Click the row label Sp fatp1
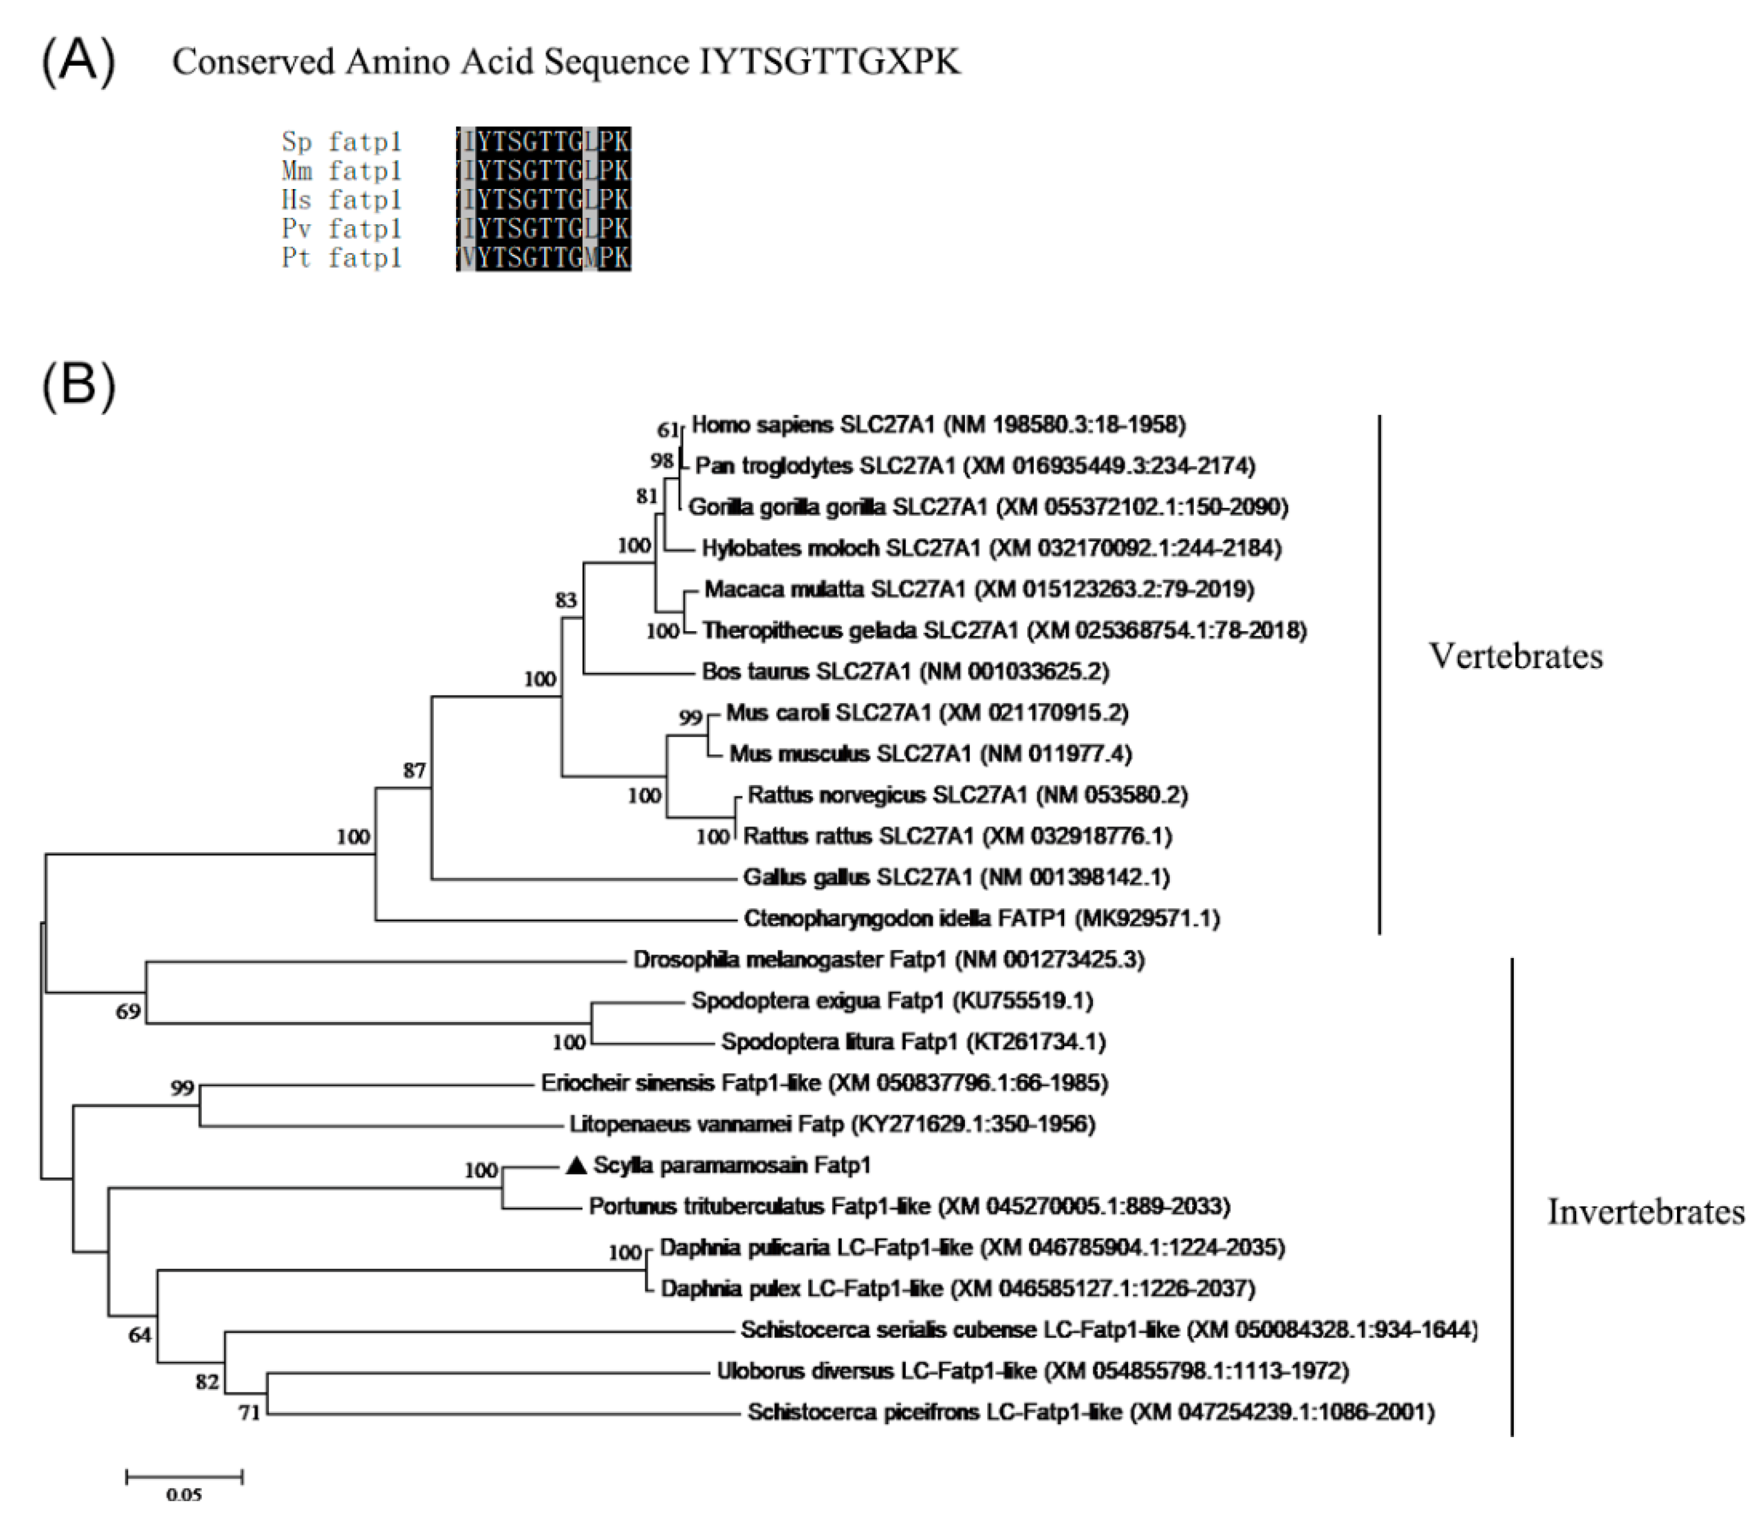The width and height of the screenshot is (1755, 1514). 342,141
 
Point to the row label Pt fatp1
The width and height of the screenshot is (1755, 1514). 342,258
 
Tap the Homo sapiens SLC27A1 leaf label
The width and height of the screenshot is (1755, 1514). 939,424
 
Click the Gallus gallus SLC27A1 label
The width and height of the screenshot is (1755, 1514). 956,878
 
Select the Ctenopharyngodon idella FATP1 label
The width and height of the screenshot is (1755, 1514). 981,918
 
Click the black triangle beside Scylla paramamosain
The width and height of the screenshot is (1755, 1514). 576,1166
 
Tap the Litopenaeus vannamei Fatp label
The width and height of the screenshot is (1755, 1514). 832,1124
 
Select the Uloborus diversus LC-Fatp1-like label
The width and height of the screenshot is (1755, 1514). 1032,1371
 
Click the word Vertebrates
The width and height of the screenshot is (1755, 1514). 1516,656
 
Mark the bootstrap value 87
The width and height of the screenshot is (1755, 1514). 414,771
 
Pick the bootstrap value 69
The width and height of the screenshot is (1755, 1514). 128,1011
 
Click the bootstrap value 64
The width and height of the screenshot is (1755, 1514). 140,1336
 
